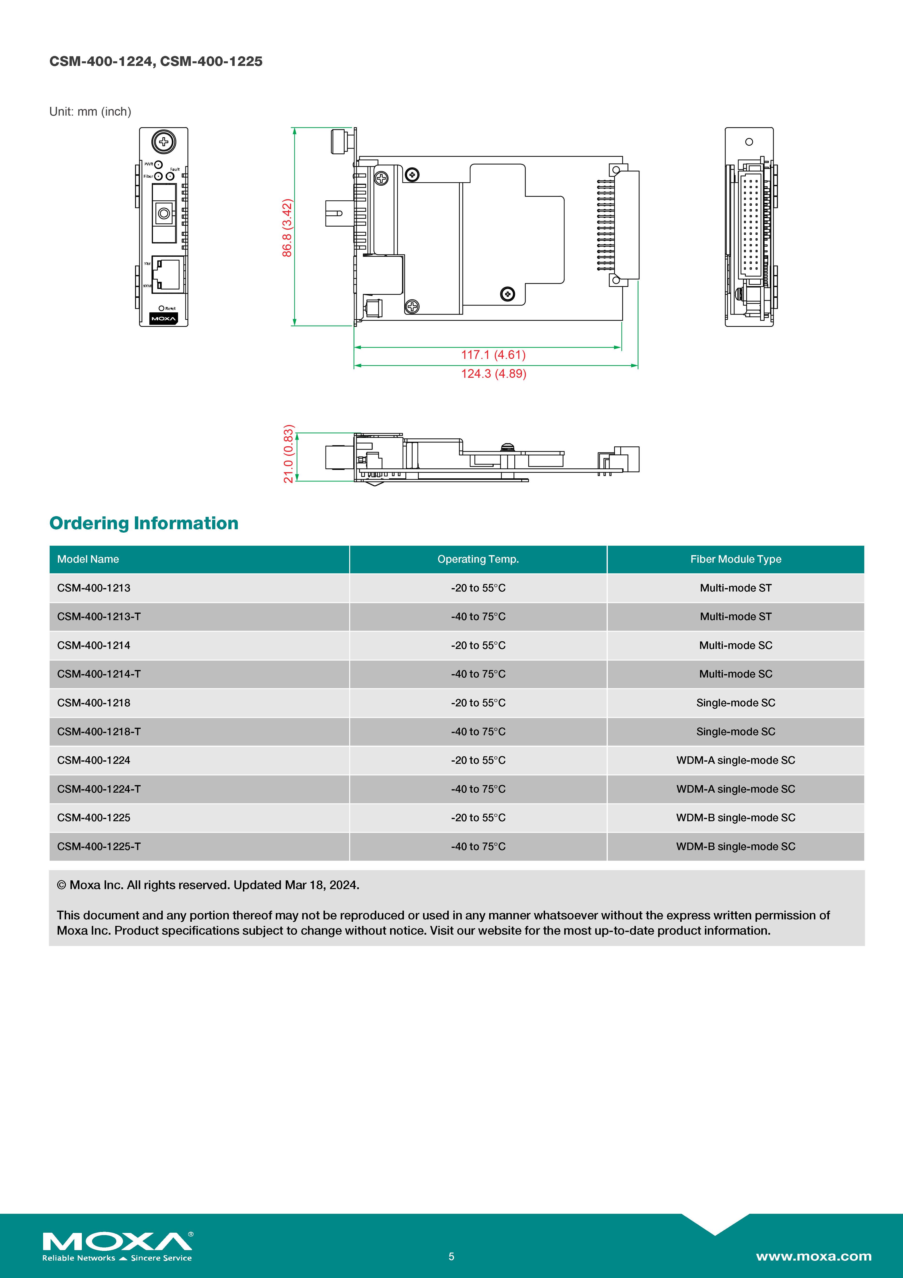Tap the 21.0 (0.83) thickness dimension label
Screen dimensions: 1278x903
pos(288,454)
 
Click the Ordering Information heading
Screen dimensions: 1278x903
pos(144,523)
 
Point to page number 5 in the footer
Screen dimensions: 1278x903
pos(451,1256)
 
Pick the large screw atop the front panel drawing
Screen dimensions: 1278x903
pos(163,142)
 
